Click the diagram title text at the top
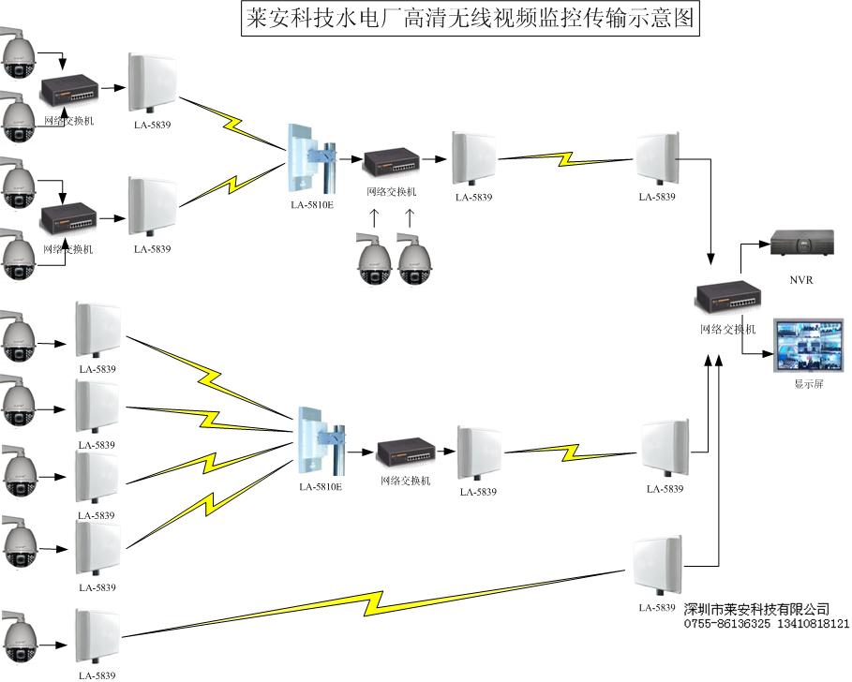pyautogui.click(x=470, y=20)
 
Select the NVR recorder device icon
pyautogui.click(x=801, y=243)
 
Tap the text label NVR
pyautogui.click(x=801, y=278)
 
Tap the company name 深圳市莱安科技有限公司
pyautogui.click(x=757, y=609)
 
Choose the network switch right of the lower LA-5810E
pyautogui.click(x=403, y=455)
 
